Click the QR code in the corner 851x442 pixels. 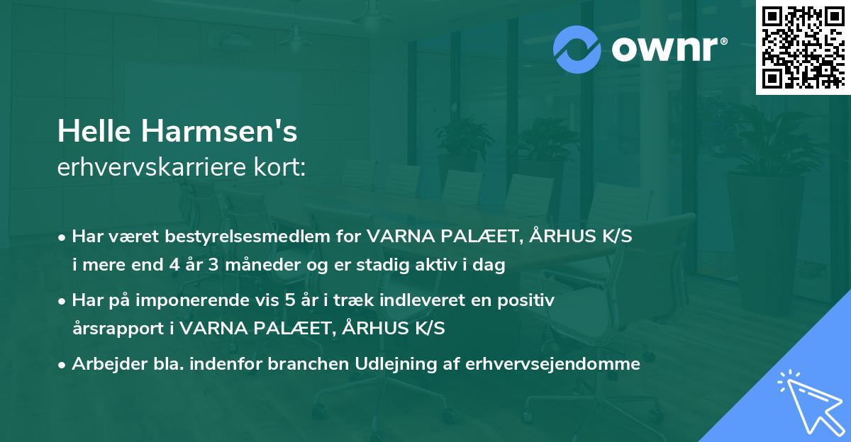click(802, 47)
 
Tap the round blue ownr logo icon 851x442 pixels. click(576, 49)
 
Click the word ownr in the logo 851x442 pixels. click(667, 49)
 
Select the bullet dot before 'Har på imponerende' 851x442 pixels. click(62, 301)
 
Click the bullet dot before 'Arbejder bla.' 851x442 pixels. click(62, 365)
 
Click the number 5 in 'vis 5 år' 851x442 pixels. click(289, 300)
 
